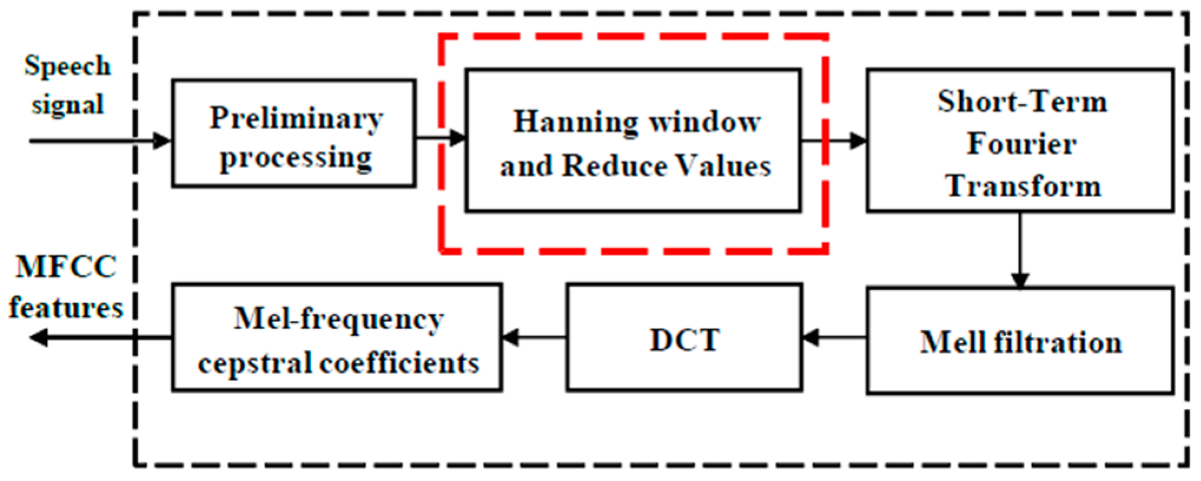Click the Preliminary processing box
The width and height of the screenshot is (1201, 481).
click(x=294, y=134)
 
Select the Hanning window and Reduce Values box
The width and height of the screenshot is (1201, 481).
click(x=633, y=140)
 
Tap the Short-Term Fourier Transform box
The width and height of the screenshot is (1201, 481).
click(x=1020, y=140)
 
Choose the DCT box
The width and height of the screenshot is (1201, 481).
click(x=684, y=338)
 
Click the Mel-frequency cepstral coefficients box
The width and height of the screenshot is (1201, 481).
click(x=337, y=338)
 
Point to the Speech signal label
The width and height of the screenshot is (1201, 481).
click(x=67, y=85)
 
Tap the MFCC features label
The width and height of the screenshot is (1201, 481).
click(x=65, y=287)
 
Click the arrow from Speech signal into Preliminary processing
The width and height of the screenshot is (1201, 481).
click(x=100, y=141)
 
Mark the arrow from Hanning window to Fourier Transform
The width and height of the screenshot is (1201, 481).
click(x=833, y=140)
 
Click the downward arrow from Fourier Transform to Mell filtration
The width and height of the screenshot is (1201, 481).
click(x=1020, y=250)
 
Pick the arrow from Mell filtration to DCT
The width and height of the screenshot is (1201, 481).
click(x=834, y=338)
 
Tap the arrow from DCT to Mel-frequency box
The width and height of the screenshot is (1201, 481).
click(x=534, y=338)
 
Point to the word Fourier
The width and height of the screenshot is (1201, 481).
click(x=1021, y=144)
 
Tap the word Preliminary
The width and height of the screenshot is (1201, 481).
click(x=296, y=118)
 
